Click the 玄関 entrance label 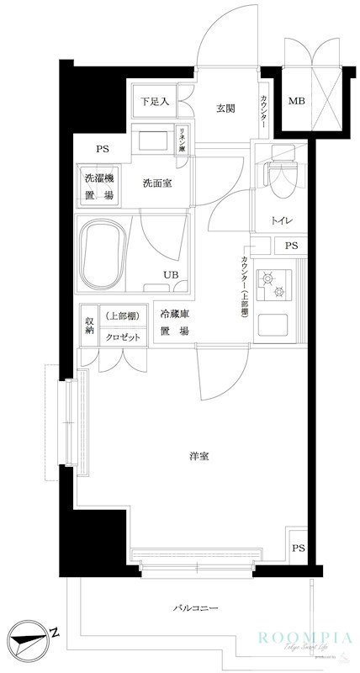(x=225, y=109)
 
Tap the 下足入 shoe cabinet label (x=154, y=103)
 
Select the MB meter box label (x=298, y=102)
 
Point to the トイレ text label (x=281, y=220)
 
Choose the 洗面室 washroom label (x=157, y=183)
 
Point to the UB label (x=170, y=274)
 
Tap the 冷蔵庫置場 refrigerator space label (x=174, y=323)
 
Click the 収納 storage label (x=88, y=326)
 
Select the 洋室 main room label (x=199, y=457)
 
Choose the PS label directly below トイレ (x=291, y=246)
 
